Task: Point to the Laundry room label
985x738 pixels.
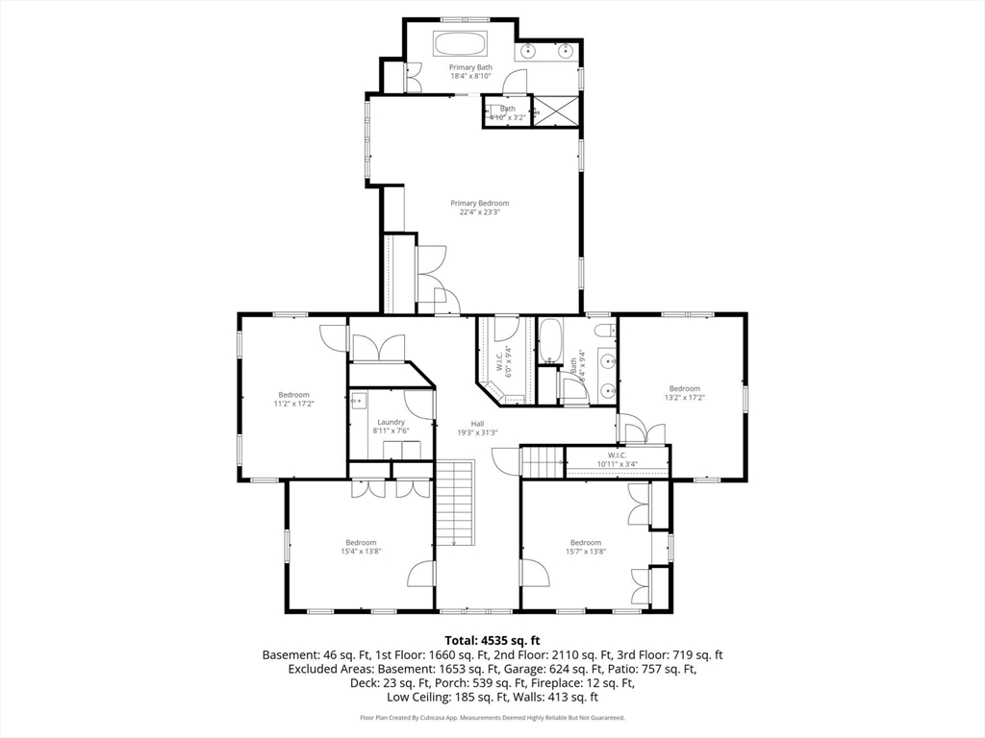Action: click(x=391, y=422)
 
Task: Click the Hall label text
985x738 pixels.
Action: click(x=477, y=424)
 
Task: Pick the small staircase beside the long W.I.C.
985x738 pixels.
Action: click(x=543, y=462)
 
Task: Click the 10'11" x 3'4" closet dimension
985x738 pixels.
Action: click(x=617, y=464)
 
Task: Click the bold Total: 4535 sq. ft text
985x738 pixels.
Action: click(x=492, y=640)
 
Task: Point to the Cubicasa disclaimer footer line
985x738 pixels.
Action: click(x=492, y=718)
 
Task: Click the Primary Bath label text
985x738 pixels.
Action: click(x=470, y=67)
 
